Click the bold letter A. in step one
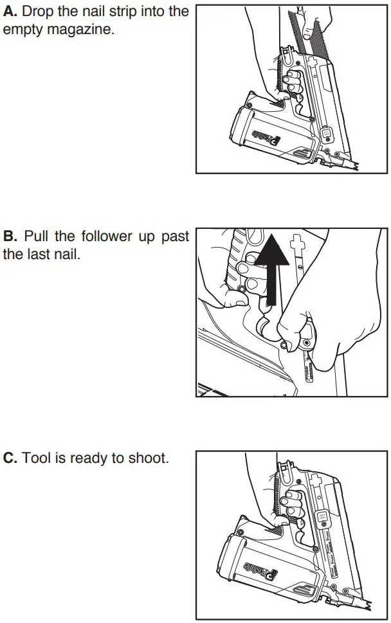pyautogui.click(x=10, y=12)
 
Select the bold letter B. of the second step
pyautogui.click(x=10, y=237)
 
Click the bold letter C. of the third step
pyautogui.click(x=11, y=458)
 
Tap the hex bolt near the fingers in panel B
pyautogui.click(x=283, y=346)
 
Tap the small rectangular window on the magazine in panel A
pyautogui.click(x=326, y=134)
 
